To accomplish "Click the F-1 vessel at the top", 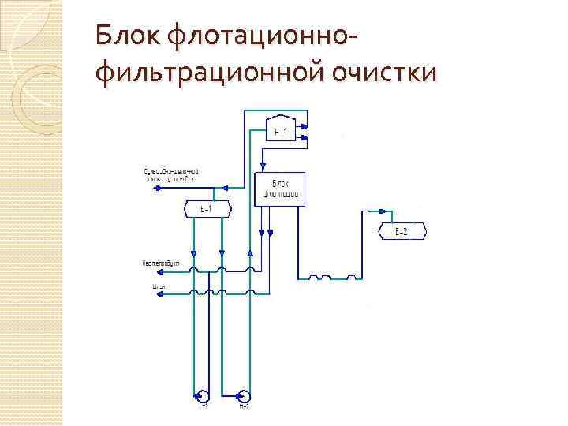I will pyautogui.click(x=280, y=132).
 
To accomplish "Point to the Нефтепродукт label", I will pyautogui.click(x=162, y=262).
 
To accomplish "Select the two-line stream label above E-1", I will pyautogui.click(x=170, y=175).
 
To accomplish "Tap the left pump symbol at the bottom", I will pyautogui.click(x=203, y=395).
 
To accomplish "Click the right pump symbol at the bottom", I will pyautogui.click(x=244, y=395).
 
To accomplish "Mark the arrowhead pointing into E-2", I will pyautogui.click(x=384, y=211).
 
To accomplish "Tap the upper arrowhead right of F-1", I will pyautogui.click(x=305, y=126).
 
